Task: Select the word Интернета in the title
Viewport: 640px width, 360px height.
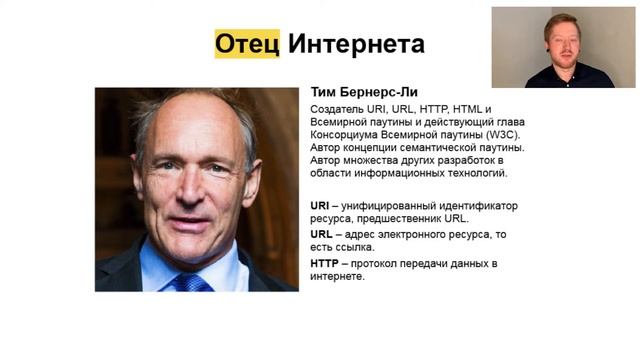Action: point(356,44)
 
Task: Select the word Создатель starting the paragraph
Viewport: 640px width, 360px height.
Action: point(340,108)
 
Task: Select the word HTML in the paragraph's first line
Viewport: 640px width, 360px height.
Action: point(469,108)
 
